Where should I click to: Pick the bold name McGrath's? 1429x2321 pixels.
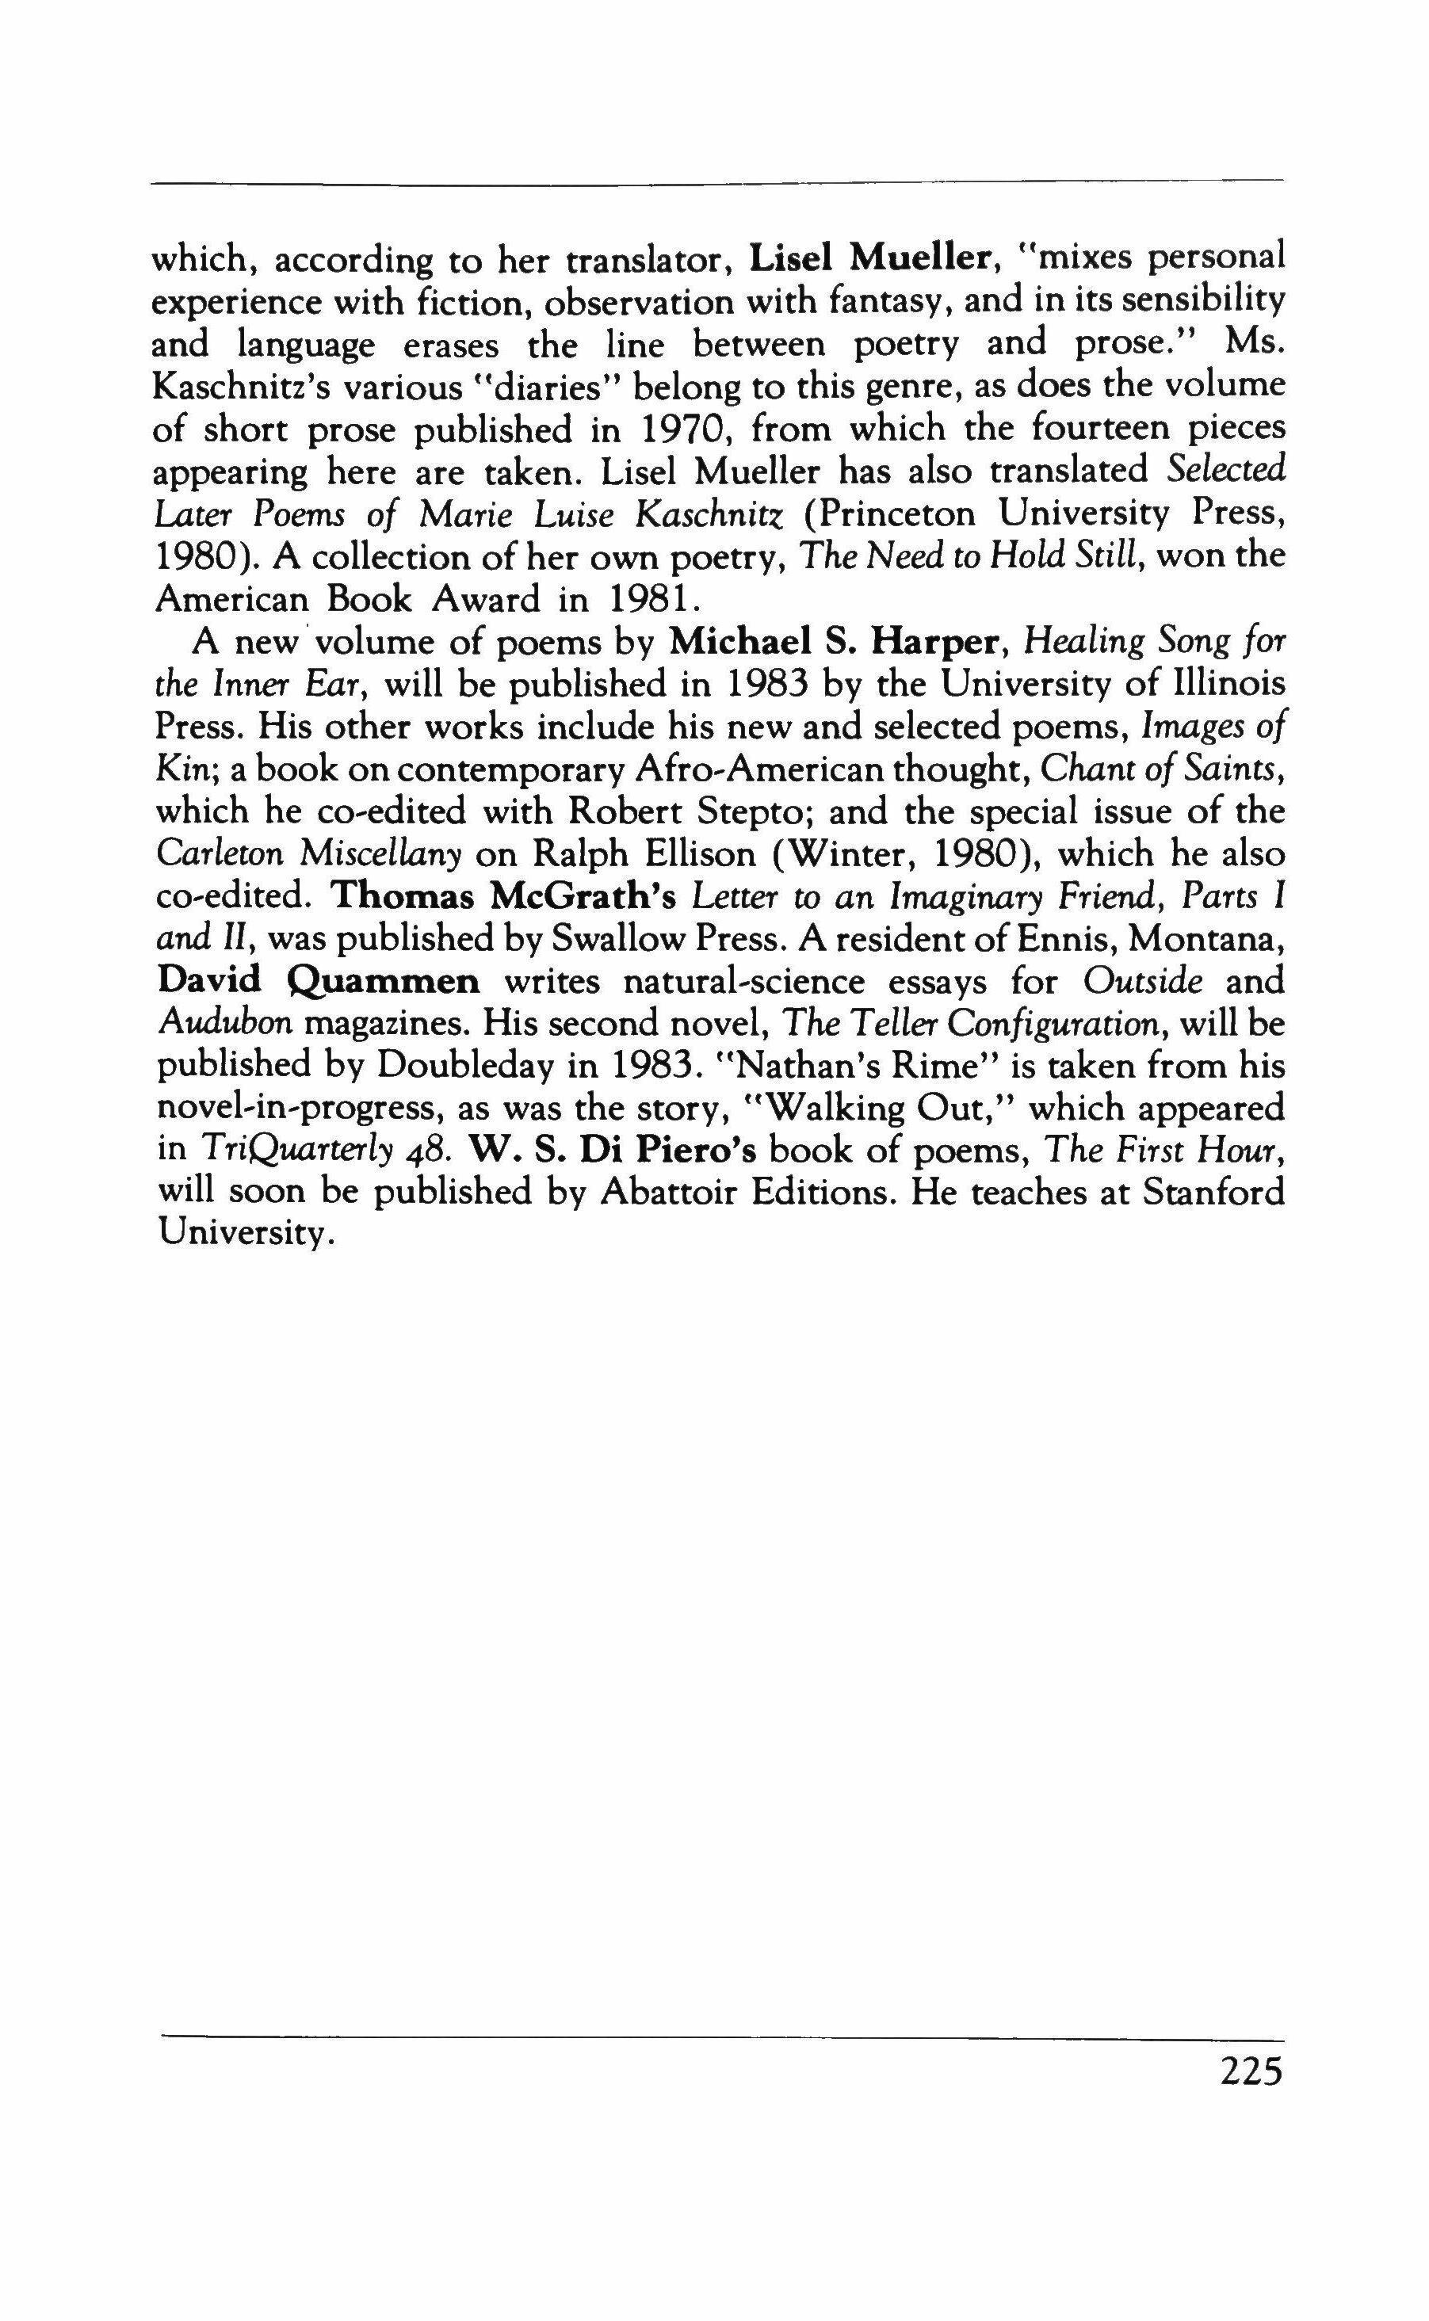[x=586, y=897]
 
